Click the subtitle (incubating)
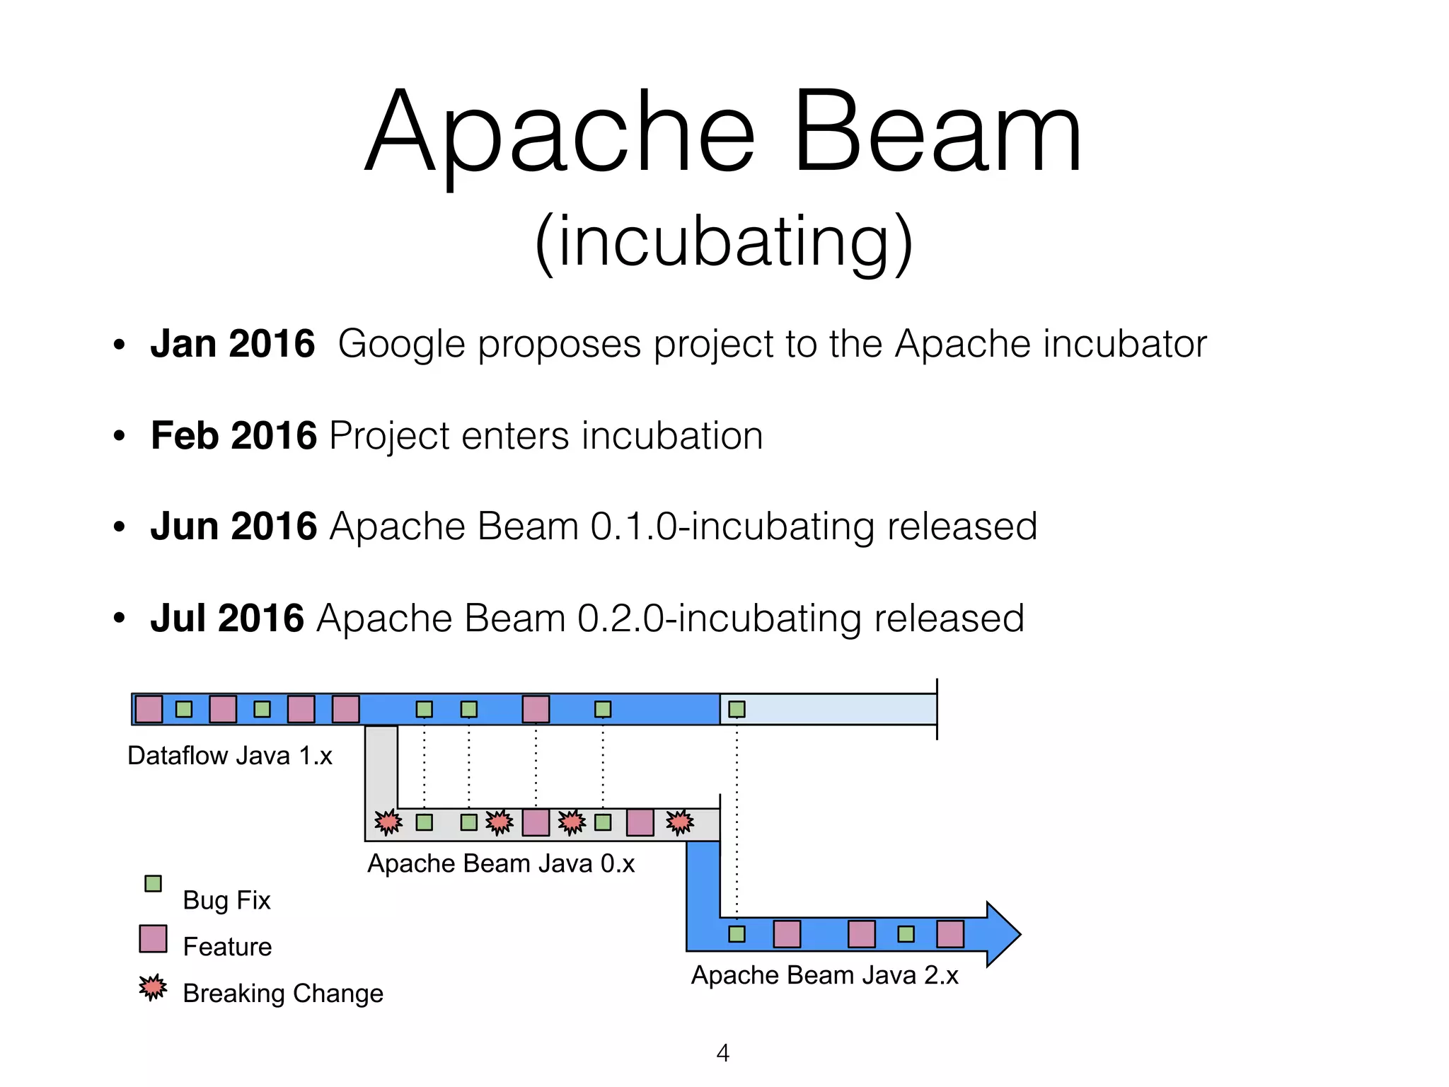pos(723,242)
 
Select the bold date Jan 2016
pos(232,344)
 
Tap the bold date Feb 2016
pos(233,435)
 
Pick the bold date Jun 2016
pos(233,527)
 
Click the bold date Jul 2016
pos(226,618)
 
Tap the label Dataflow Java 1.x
pos(229,756)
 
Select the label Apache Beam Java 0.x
pos(501,863)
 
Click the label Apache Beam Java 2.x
pos(824,975)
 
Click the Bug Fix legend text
pos(226,900)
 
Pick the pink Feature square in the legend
pos(153,938)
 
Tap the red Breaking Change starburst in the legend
pos(153,987)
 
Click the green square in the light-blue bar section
pos(737,709)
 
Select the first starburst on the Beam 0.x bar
pos(388,822)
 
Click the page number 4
pos(722,1053)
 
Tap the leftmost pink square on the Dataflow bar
pos(149,709)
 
